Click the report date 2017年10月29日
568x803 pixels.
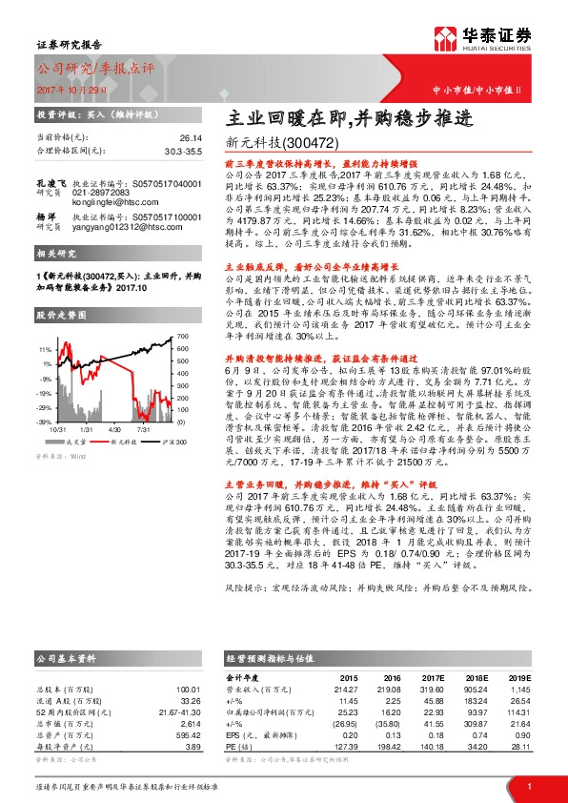pyautogui.click(x=68, y=88)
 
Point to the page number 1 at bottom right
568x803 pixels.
pyautogui.click(x=529, y=786)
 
